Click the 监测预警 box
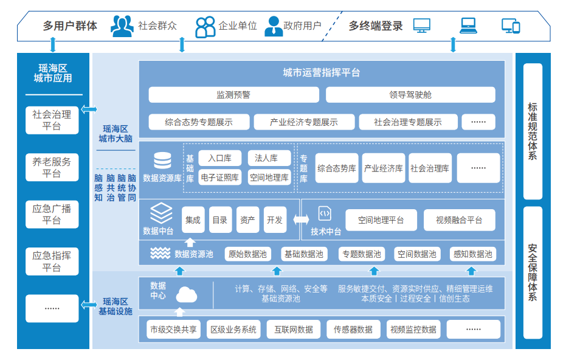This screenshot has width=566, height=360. [x=233, y=95]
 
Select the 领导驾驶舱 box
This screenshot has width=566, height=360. [x=410, y=95]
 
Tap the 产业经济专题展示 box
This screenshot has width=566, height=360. [x=303, y=122]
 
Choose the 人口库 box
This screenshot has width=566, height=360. [x=219, y=158]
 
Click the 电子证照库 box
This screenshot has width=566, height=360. [x=219, y=178]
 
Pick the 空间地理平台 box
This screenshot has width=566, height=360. [x=381, y=220]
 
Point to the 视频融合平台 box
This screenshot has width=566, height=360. [x=459, y=220]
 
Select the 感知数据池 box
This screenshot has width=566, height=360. [x=472, y=254]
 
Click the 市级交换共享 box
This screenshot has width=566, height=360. [x=173, y=330]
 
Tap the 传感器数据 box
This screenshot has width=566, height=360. [x=353, y=330]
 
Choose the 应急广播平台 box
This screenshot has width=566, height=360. [x=52, y=215]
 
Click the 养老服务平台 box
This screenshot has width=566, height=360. [x=52, y=167]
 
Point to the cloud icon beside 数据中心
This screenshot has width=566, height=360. [x=187, y=296]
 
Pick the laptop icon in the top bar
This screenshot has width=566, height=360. [x=468, y=26]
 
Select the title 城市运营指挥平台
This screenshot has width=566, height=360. [x=322, y=73]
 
